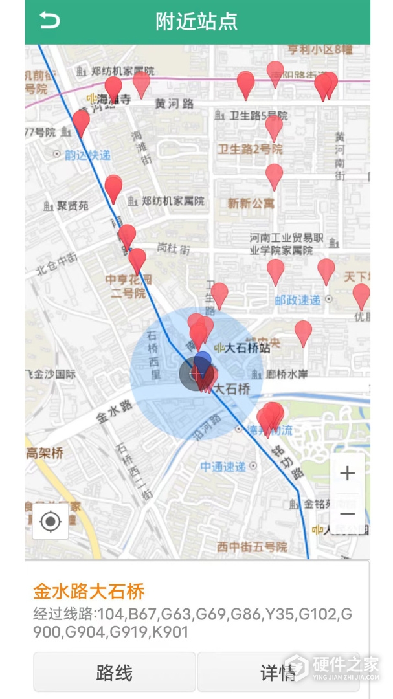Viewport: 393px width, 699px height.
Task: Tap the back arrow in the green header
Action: click(x=49, y=21)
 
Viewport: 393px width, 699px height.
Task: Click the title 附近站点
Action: click(x=196, y=21)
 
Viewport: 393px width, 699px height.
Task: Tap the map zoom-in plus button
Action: click(x=347, y=473)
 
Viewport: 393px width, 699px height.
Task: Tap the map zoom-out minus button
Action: click(x=347, y=514)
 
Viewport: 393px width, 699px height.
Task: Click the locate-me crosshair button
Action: click(x=51, y=522)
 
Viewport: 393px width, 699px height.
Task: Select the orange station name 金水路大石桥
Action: click(x=89, y=591)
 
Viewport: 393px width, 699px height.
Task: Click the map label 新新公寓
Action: click(x=251, y=203)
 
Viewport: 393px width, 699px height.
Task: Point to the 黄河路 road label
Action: click(x=174, y=103)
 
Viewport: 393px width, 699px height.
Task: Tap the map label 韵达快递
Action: click(x=87, y=155)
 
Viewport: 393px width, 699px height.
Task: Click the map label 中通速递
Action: click(x=223, y=466)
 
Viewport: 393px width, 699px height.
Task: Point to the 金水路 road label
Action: click(x=115, y=412)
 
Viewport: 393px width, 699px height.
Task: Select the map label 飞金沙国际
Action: click(x=51, y=374)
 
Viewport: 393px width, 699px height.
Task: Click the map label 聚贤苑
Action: click(x=73, y=206)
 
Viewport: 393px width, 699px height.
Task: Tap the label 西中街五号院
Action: click(x=252, y=547)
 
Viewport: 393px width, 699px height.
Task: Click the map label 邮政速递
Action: click(x=297, y=300)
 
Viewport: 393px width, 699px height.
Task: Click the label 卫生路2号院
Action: click(x=251, y=150)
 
